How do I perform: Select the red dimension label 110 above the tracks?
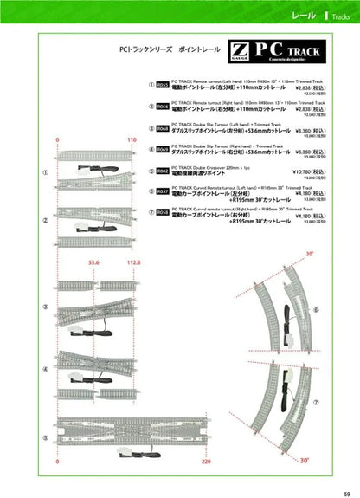tap(132, 138)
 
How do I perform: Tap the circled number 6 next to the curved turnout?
tap(316, 309)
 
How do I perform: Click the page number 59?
tap(347, 493)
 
